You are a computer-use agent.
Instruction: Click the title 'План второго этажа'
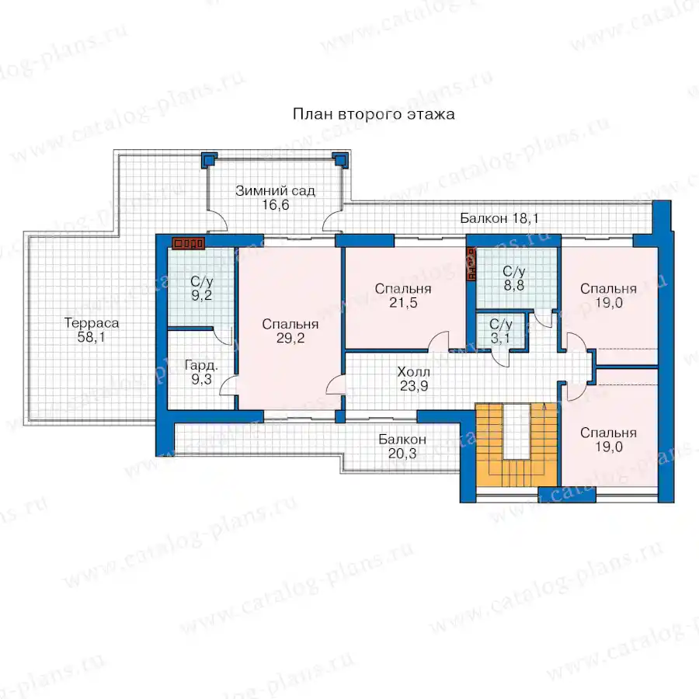374,114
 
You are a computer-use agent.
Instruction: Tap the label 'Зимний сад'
275,191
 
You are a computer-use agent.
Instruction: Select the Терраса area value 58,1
92,337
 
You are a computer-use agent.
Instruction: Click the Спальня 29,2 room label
290,331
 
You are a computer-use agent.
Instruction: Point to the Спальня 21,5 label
403,296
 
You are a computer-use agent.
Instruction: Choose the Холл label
414,372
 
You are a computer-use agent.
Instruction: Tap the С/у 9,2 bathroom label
201,288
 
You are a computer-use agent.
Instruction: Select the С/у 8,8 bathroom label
514,278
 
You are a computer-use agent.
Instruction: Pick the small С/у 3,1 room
501,331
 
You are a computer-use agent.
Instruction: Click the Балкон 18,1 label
499,218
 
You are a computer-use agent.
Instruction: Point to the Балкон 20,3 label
402,447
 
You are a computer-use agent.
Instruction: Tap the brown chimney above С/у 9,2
189,243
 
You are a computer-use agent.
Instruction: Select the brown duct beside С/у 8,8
471,264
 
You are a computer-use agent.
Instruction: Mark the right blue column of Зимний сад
340,159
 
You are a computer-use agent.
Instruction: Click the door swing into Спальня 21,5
439,341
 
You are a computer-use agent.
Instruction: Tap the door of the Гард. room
228,385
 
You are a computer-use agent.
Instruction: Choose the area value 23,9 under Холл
414,386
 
